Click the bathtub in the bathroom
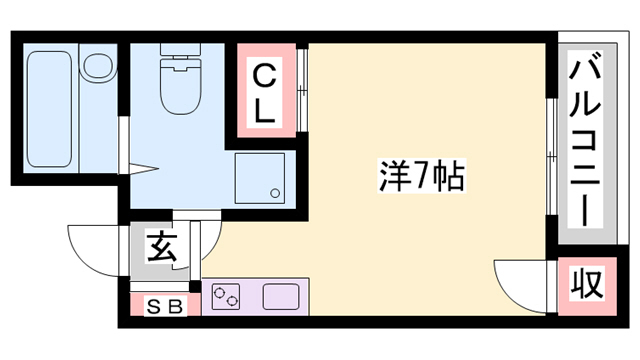coord(49,110)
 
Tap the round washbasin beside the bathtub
coord(97,67)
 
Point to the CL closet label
coord(264,93)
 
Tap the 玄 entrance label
coord(163,246)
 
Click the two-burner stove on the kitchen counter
coord(229,297)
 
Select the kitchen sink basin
coord(281,297)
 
